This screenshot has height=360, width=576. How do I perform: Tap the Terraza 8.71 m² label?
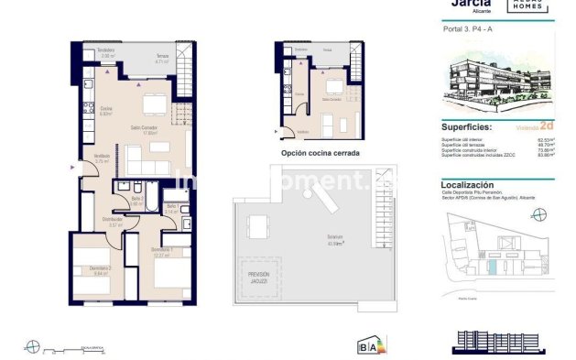pyautogui.click(x=162, y=58)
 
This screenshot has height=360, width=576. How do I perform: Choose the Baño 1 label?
pyautogui.click(x=173, y=210)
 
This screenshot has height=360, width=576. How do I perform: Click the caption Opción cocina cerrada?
pyautogui.click(x=319, y=155)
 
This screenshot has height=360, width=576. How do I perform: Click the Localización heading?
pyautogui.click(x=473, y=185)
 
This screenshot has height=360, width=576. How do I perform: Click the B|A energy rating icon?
pyautogui.click(x=367, y=346)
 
